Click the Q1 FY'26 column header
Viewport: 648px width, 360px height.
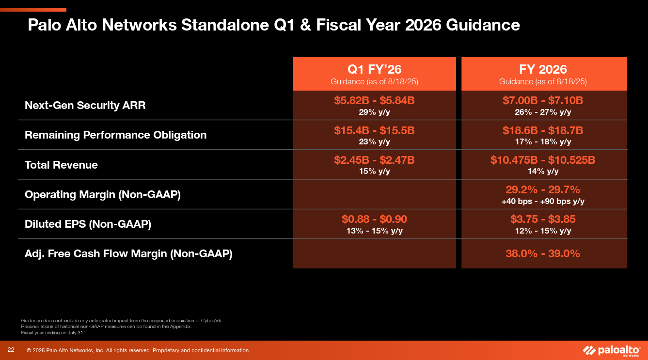pyautogui.click(x=374, y=69)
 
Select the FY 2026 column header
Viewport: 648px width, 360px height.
pyautogui.click(x=543, y=69)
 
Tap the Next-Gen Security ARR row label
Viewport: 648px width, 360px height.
pyautogui.click(x=85, y=105)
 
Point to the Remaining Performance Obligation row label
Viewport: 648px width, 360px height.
pyautogui.click(x=115, y=135)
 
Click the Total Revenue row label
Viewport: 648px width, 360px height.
pyautogui.click(x=61, y=165)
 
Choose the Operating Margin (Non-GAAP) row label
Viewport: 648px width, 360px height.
pyautogui.click(x=102, y=195)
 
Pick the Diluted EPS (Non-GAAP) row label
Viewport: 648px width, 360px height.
pyautogui.click(x=88, y=224)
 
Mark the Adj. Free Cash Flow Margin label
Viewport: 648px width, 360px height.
pyautogui.click(x=128, y=254)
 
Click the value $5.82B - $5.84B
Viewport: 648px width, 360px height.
pyautogui.click(x=374, y=101)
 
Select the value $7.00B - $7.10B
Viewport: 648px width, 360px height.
pyautogui.click(x=543, y=101)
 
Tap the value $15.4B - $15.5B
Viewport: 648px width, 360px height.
pyautogui.click(x=374, y=131)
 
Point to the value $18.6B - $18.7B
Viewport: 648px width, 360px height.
pyautogui.click(x=543, y=131)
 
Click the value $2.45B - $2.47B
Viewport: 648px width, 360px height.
pyautogui.click(x=374, y=160)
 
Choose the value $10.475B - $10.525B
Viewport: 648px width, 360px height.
pyautogui.click(x=543, y=160)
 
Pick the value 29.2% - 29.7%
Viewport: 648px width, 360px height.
pyautogui.click(x=543, y=189)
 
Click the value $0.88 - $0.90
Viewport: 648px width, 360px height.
pyautogui.click(x=374, y=219)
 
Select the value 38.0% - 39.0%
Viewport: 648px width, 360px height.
pyautogui.click(x=543, y=253)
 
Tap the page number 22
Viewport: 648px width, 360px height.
pyautogui.click(x=11, y=350)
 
